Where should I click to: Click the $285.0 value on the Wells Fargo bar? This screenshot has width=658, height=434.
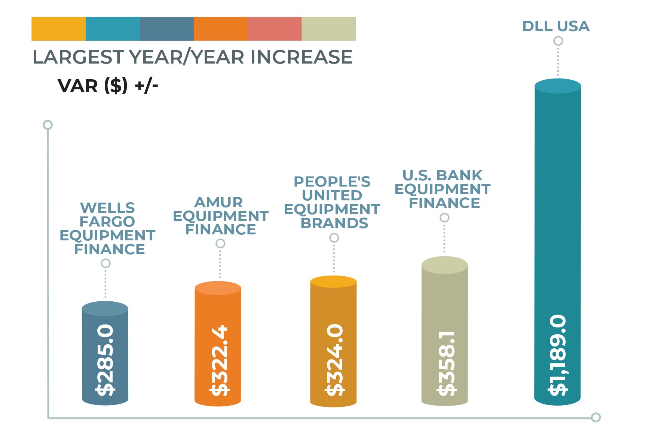point(105,360)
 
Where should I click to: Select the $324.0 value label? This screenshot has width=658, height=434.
point(334,360)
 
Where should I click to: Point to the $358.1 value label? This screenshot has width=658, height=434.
point(446,363)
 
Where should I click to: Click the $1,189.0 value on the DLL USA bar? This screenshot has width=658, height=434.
point(558,355)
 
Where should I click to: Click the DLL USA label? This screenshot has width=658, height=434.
point(556,26)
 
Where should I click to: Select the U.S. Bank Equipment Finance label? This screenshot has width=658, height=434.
point(443,189)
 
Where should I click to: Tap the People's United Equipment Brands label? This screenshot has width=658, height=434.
point(332,202)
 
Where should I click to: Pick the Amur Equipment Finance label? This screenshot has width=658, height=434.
point(220,216)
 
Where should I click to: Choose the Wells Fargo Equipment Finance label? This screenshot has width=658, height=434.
point(107,228)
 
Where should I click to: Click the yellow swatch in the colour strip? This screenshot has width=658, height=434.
point(58,29)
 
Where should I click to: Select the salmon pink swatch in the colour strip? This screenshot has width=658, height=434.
point(275,29)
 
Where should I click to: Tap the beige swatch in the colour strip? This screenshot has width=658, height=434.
point(328,29)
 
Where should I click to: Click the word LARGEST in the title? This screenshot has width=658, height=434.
point(78,57)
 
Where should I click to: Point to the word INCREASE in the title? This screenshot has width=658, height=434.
point(301,57)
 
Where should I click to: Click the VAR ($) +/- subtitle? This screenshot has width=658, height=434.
point(108,86)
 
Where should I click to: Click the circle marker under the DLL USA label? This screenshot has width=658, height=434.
point(558,41)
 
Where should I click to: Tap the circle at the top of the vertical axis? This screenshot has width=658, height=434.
point(48,124)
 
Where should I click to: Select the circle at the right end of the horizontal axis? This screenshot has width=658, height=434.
point(596,417)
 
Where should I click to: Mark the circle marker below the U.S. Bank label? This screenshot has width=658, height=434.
point(444,218)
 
